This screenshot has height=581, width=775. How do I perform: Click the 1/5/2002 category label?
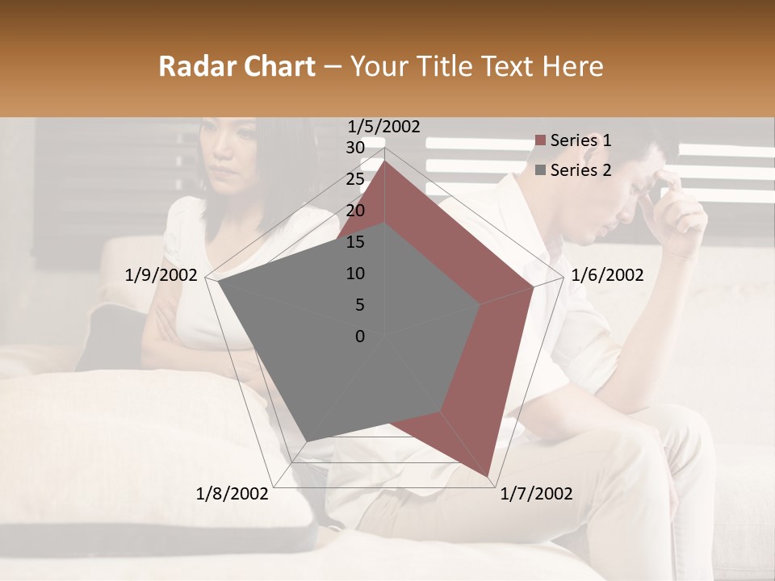[x=384, y=126]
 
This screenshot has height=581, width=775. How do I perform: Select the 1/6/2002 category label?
[x=607, y=275]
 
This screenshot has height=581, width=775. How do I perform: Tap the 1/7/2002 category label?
[x=536, y=494]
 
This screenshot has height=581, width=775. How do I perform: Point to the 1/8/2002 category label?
[x=232, y=494]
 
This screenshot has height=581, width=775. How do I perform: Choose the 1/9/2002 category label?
[x=161, y=275]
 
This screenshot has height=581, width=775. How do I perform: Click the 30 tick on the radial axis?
[x=355, y=148]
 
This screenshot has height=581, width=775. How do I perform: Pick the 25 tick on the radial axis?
[x=355, y=179]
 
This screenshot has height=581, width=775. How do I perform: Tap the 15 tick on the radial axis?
[x=355, y=242]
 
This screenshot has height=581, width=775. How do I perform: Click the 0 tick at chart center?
[x=360, y=336]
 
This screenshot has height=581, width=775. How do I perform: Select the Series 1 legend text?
[x=580, y=140]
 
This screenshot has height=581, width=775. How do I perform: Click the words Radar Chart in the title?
[x=237, y=66]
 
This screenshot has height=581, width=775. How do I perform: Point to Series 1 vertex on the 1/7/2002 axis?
[x=489, y=476]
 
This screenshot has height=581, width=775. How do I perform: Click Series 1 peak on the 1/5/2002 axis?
[x=385, y=161]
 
